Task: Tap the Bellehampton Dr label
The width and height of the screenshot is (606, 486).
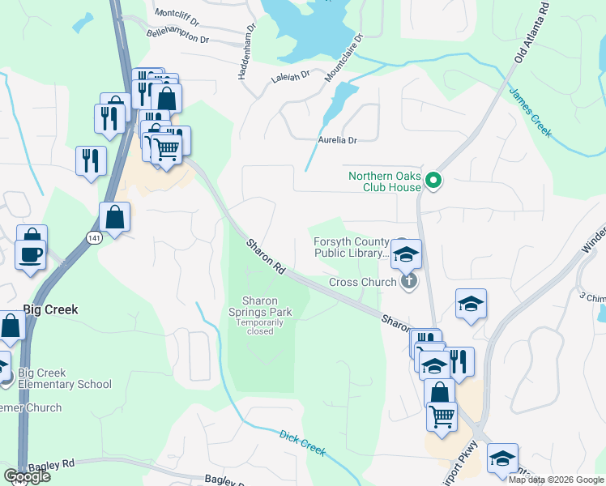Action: tap(177, 36)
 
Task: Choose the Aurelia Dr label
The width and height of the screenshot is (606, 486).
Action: tap(336, 140)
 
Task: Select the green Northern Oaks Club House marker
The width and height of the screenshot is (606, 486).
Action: tap(433, 181)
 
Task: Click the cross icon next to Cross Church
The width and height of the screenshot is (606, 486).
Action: tap(409, 282)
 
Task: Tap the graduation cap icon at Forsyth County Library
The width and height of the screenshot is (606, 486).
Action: tap(406, 254)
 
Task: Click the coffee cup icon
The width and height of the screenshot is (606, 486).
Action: tap(32, 254)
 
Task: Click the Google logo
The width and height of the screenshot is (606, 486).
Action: tap(27, 476)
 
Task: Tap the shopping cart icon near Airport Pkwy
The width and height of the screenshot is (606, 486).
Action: tap(442, 416)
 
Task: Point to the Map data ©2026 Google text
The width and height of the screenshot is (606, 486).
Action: tap(556, 480)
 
